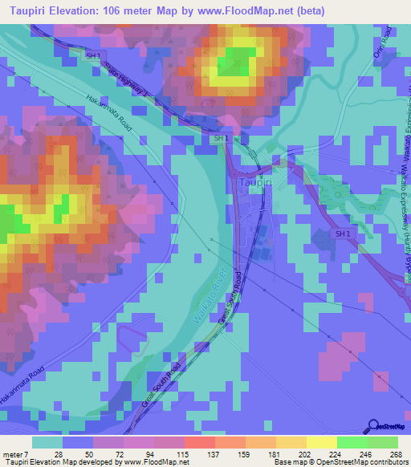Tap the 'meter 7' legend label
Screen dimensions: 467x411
[16, 454]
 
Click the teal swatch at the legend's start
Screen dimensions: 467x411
[47, 443]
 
